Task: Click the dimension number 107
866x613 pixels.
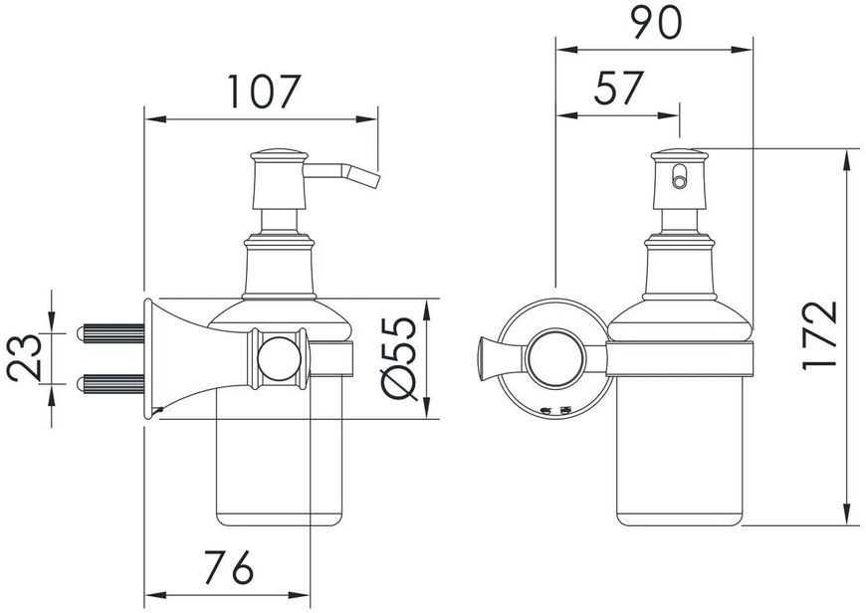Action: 264,92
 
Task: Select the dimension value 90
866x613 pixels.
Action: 657,23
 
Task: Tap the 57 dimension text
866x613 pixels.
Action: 619,88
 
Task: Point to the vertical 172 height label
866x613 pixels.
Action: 820,335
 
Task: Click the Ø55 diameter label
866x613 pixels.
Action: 399,358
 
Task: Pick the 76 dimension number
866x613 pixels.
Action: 229,567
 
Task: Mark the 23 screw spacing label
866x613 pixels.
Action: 24,358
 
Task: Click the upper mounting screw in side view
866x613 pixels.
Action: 110,333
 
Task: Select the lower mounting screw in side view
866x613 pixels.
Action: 110,384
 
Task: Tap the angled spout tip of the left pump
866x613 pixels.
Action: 371,180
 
